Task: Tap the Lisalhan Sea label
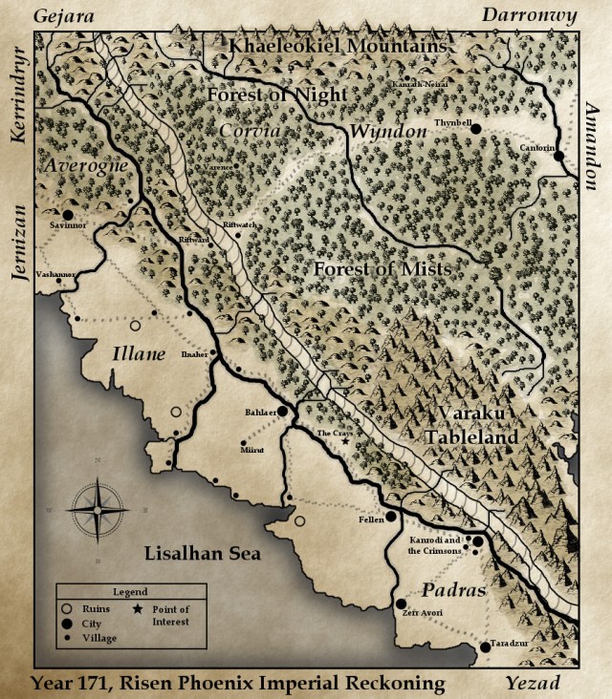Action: (203, 554)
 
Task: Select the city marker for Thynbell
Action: (475, 129)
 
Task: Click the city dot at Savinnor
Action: (68, 215)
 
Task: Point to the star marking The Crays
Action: (346, 441)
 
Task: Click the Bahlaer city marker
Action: (282, 413)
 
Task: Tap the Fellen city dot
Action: (391, 517)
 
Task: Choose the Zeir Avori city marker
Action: (401, 604)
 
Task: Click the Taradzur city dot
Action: (485, 646)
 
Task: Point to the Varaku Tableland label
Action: (478, 424)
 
